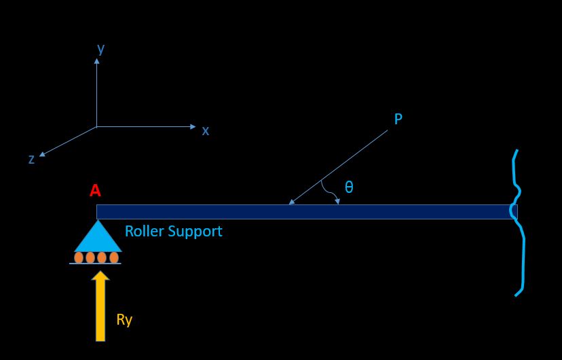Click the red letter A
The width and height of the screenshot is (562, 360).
tap(95, 192)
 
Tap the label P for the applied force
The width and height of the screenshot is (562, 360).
tap(398, 120)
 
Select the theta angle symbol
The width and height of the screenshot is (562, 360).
tap(348, 187)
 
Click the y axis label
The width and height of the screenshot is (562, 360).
tap(100, 49)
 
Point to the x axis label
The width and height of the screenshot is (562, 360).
tap(206, 130)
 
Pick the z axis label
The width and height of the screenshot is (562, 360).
tap(31, 160)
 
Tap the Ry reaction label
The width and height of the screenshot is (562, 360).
tap(124, 320)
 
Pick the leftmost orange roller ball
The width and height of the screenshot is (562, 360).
tap(79, 257)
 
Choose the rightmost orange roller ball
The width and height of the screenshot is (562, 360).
tap(113, 257)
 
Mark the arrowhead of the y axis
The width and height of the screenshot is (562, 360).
tap(96, 60)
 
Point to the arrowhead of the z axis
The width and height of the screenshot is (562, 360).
tap(42, 155)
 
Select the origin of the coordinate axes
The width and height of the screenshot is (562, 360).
tap(96, 126)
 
